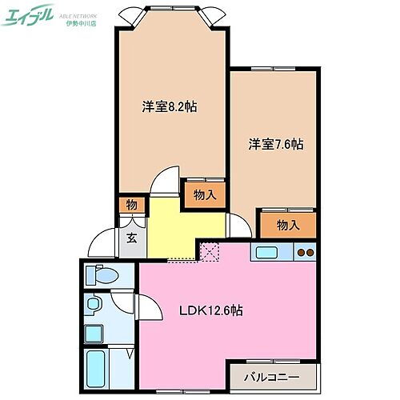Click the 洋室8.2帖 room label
click(x=170, y=107)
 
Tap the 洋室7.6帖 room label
click(x=275, y=144)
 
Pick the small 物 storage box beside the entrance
click(x=131, y=206)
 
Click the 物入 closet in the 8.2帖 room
click(x=203, y=194)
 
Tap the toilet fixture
click(x=102, y=275)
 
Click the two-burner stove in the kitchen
click(x=305, y=254)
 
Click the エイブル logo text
click(x=30, y=16)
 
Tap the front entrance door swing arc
click(x=102, y=240)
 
